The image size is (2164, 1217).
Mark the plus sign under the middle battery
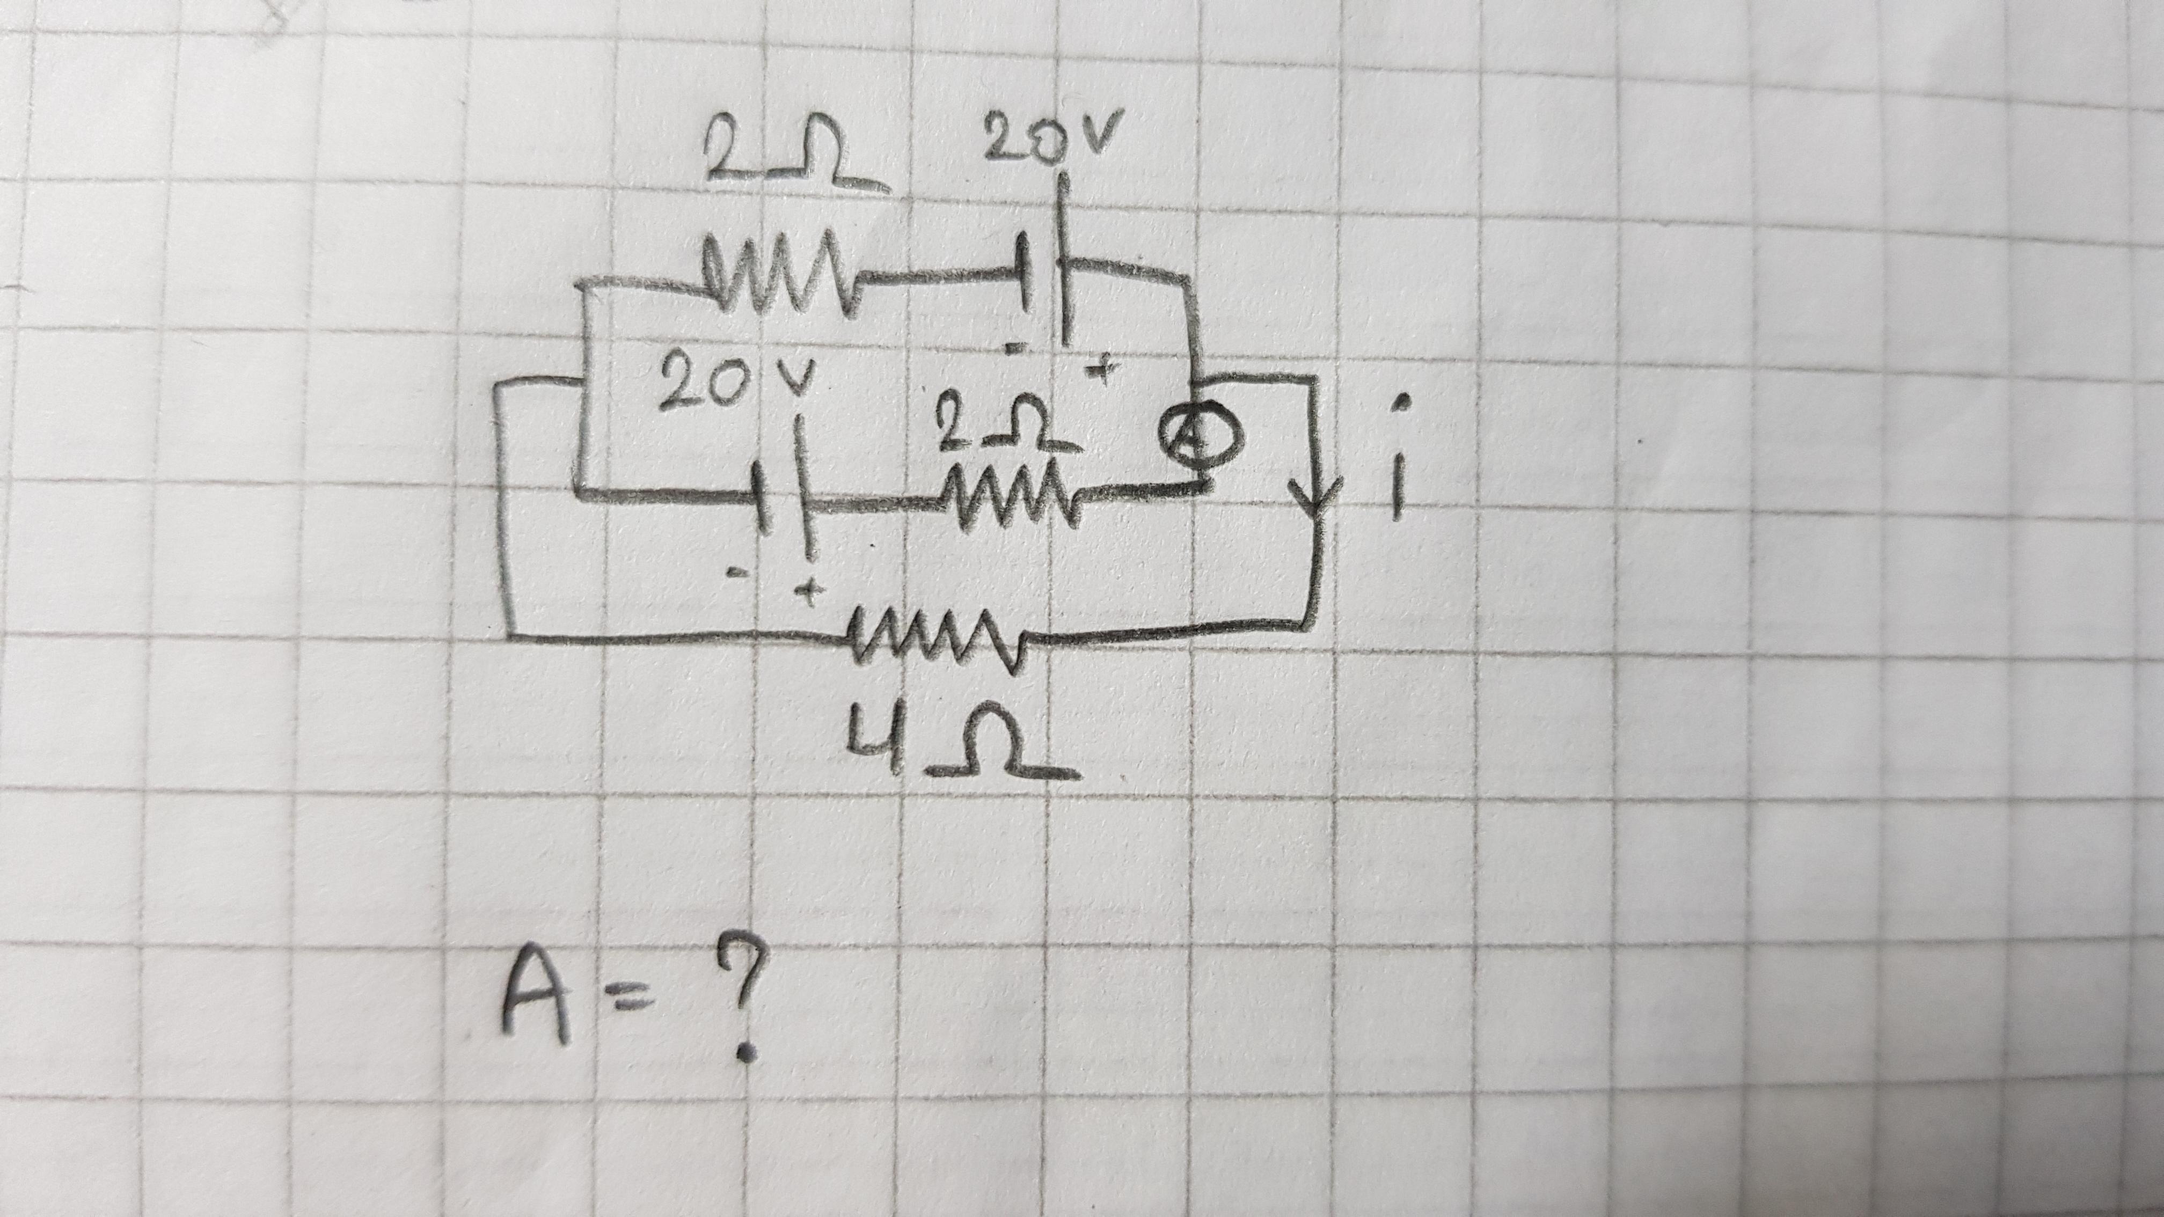click(x=809, y=592)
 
